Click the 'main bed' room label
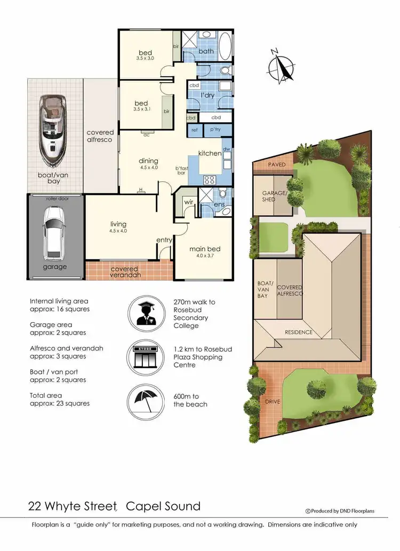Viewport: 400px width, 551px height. [205, 249]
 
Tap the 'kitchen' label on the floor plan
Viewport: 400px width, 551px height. [210, 153]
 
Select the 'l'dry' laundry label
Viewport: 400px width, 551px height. [207, 95]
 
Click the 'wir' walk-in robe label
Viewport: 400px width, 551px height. [188, 202]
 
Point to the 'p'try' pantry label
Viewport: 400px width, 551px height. [215, 130]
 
